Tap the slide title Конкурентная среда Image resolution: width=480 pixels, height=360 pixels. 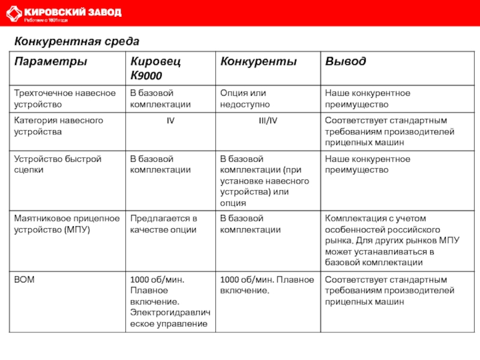pyautogui.click(x=77, y=42)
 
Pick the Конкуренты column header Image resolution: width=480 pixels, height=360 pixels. pyautogui.click(x=258, y=62)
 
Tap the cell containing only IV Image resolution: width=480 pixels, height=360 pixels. pyautogui.click(x=170, y=121)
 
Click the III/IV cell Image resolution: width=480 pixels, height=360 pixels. pyautogui.click(x=267, y=121)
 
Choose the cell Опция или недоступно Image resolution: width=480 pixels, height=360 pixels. pyautogui.click(x=243, y=98)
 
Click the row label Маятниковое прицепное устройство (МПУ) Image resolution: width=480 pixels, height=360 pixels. pyautogui.click(x=67, y=224)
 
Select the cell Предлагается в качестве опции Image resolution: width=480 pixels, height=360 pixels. pyautogui.click(x=164, y=224)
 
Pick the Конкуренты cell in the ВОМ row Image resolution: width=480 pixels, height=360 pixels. pyautogui.click(x=266, y=285)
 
